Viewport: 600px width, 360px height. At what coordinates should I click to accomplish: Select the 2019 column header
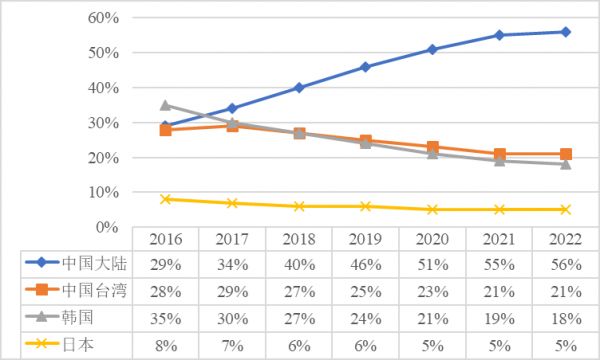point(365,240)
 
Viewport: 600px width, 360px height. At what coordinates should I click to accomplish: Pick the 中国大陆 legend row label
point(89,263)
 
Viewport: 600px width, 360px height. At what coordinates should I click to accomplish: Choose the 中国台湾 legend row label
point(89,290)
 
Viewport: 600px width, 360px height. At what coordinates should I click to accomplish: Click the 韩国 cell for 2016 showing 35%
point(165,317)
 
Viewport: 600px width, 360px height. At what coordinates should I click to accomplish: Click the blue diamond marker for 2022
point(565,32)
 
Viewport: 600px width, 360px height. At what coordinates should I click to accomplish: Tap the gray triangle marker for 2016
point(165,105)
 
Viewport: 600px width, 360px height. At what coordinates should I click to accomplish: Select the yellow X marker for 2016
point(165,199)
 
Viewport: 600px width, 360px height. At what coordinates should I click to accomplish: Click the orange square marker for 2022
point(565,154)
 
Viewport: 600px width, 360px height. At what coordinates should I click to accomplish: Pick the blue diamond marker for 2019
point(365,67)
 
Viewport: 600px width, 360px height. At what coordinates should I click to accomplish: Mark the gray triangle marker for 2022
point(565,164)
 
